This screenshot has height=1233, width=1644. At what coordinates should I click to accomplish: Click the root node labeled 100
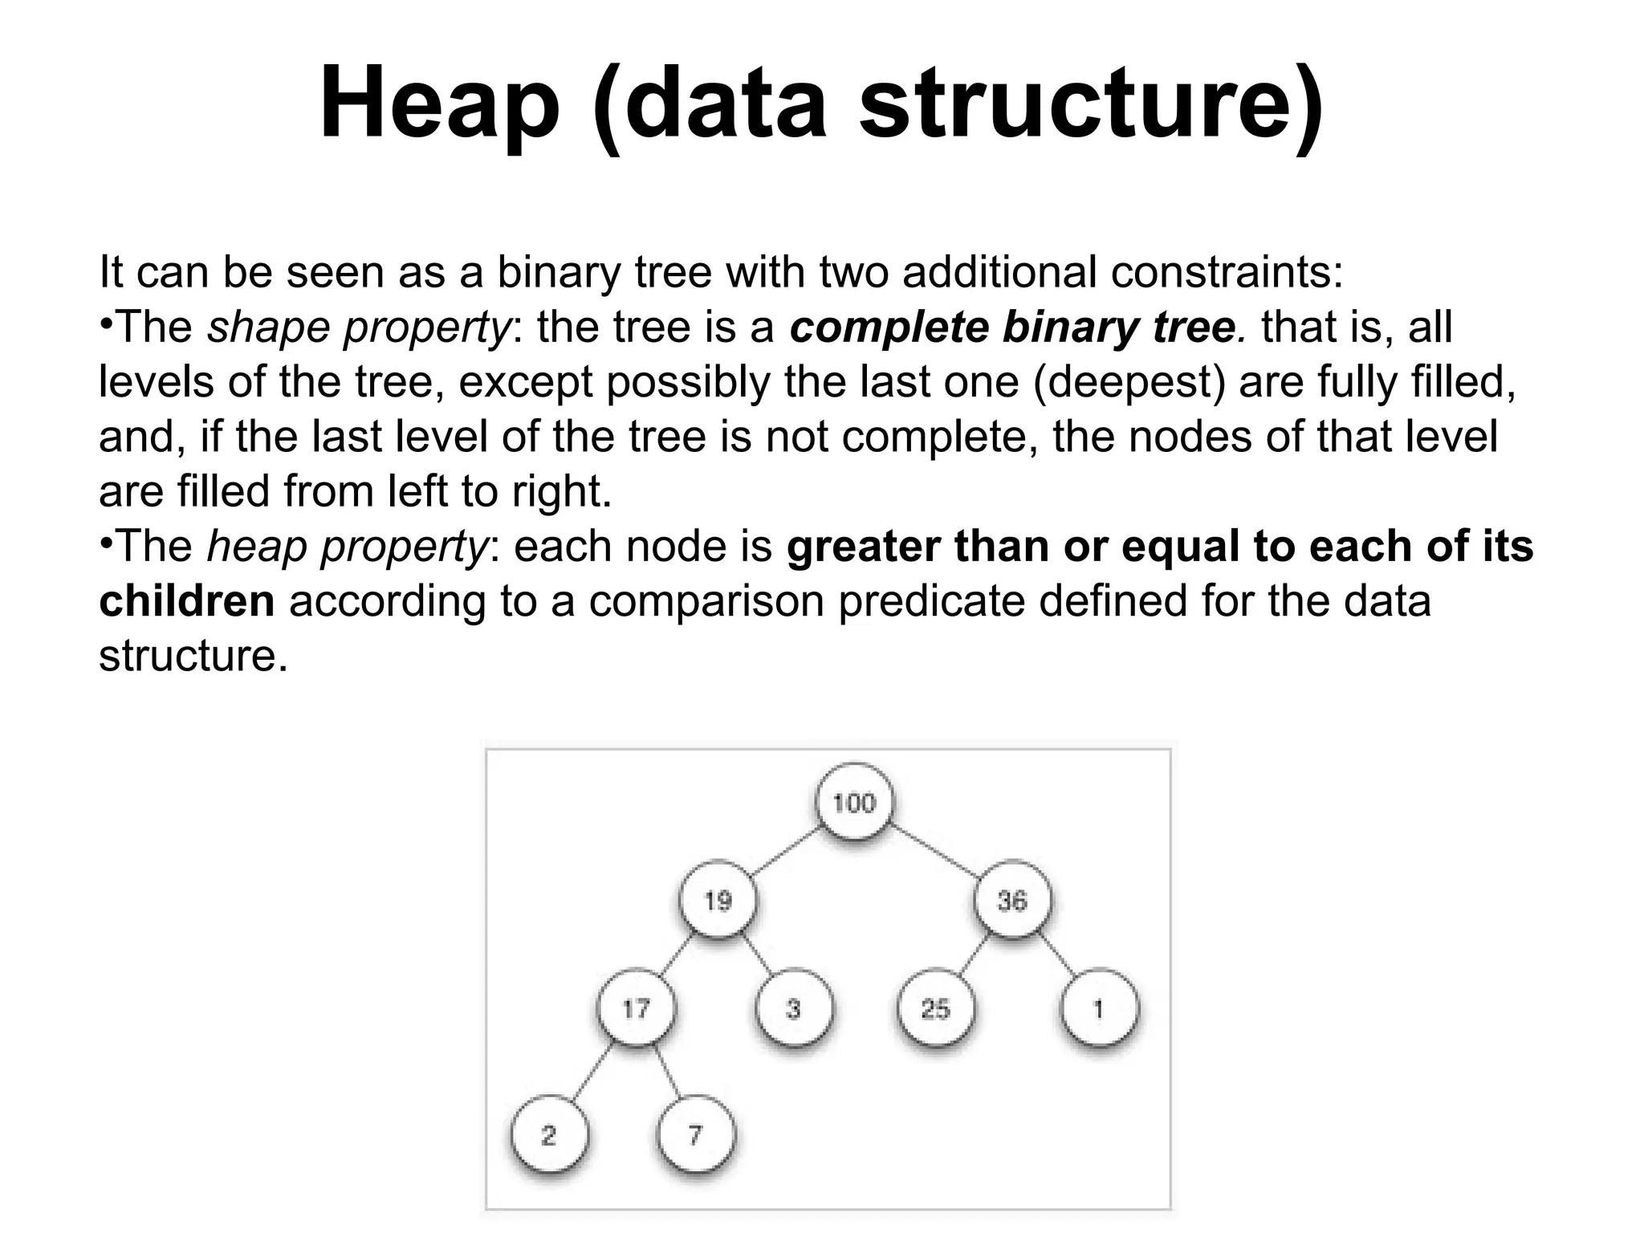click(x=854, y=803)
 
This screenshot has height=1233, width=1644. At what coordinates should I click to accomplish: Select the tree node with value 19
click(x=718, y=900)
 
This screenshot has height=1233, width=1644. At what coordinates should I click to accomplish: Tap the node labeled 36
click(x=1012, y=900)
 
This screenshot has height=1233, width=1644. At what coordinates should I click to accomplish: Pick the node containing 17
click(x=637, y=1008)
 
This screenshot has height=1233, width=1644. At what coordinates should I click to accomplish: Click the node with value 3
click(x=794, y=1008)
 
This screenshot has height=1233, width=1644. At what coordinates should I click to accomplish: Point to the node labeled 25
click(x=936, y=1008)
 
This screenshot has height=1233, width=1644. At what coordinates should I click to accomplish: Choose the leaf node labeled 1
click(x=1099, y=1008)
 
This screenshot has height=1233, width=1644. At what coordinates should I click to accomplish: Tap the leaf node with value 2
click(x=549, y=1135)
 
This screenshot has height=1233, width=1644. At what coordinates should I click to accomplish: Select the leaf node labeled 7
click(x=695, y=1135)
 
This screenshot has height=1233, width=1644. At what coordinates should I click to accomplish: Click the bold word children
click(x=187, y=601)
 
